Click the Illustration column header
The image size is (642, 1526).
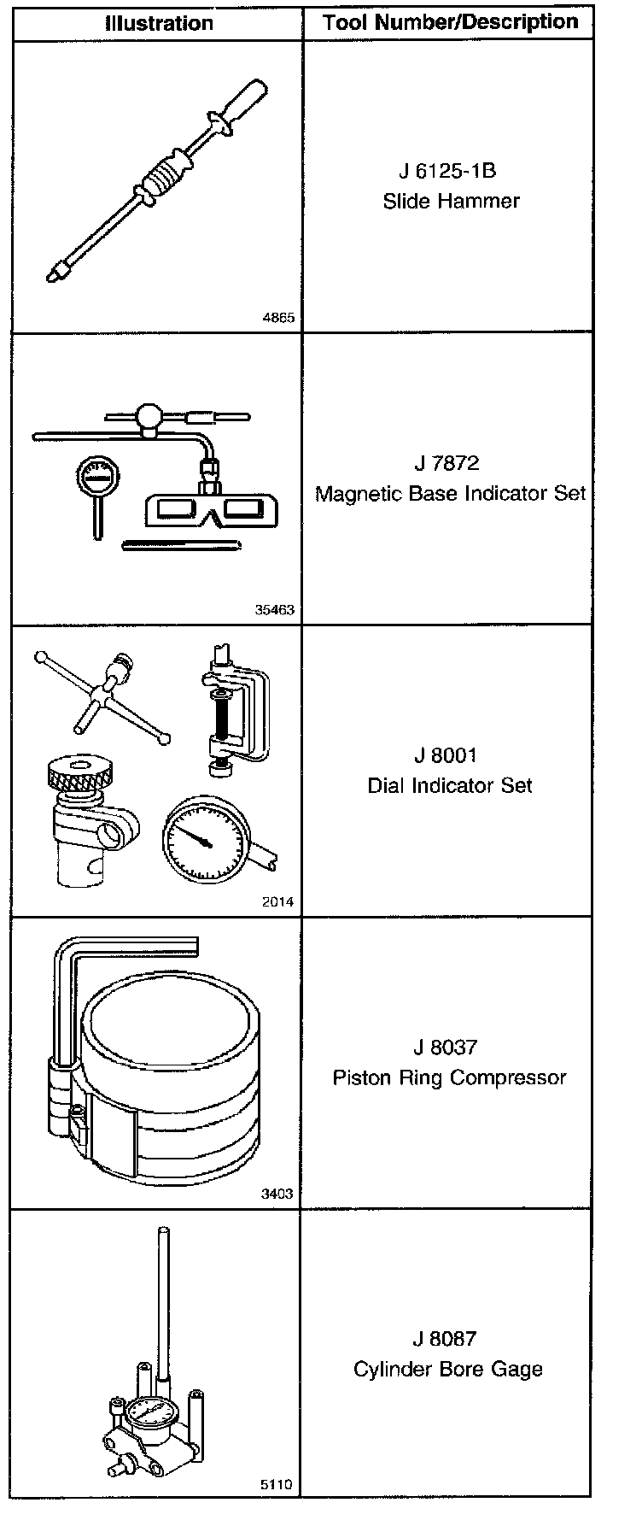(x=159, y=23)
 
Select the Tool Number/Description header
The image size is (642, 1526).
(x=450, y=23)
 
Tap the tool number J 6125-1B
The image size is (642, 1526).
(x=447, y=171)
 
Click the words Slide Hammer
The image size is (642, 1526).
(x=451, y=201)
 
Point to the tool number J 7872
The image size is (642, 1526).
(x=446, y=463)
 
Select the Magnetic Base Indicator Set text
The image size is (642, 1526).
(x=451, y=494)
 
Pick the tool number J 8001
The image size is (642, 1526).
(x=446, y=755)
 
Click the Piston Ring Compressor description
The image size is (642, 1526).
(x=450, y=1077)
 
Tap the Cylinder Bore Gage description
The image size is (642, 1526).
(x=448, y=1370)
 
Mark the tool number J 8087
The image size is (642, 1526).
(x=446, y=1339)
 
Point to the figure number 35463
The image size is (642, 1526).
(x=274, y=610)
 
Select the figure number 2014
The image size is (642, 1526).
(x=279, y=901)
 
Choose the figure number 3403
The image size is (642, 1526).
(x=277, y=1194)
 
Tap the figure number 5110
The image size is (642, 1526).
(x=277, y=1485)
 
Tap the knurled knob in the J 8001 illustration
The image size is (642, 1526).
(x=77, y=772)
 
